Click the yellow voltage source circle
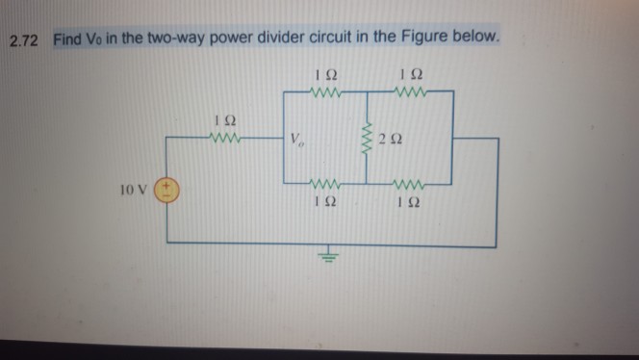[x=168, y=188]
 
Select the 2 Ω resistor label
[x=391, y=143]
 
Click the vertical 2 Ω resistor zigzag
[x=366, y=141]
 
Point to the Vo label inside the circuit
[x=297, y=142]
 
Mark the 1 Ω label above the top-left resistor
[x=323, y=74]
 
